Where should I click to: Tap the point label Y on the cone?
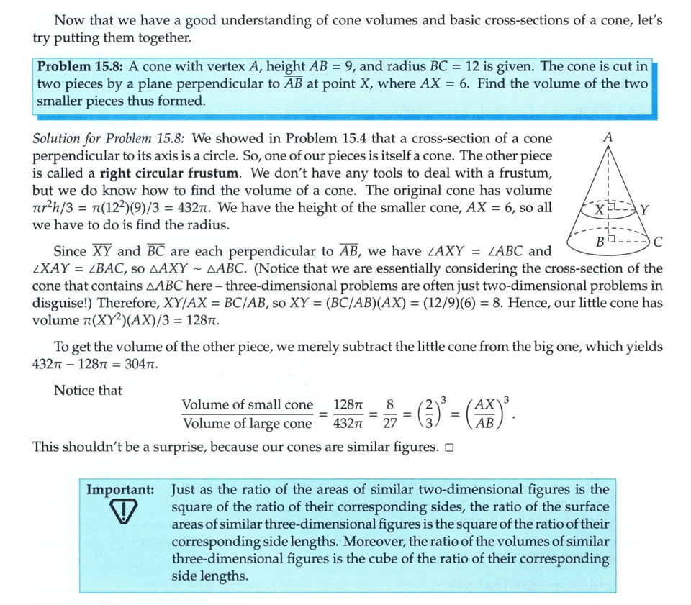click(644, 211)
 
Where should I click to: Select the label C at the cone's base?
click(658, 241)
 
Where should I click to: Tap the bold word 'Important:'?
click(120, 489)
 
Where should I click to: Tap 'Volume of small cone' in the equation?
click(247, 405)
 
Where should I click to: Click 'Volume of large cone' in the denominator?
click(247, 424)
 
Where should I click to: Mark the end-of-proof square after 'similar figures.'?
click(448, 447)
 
